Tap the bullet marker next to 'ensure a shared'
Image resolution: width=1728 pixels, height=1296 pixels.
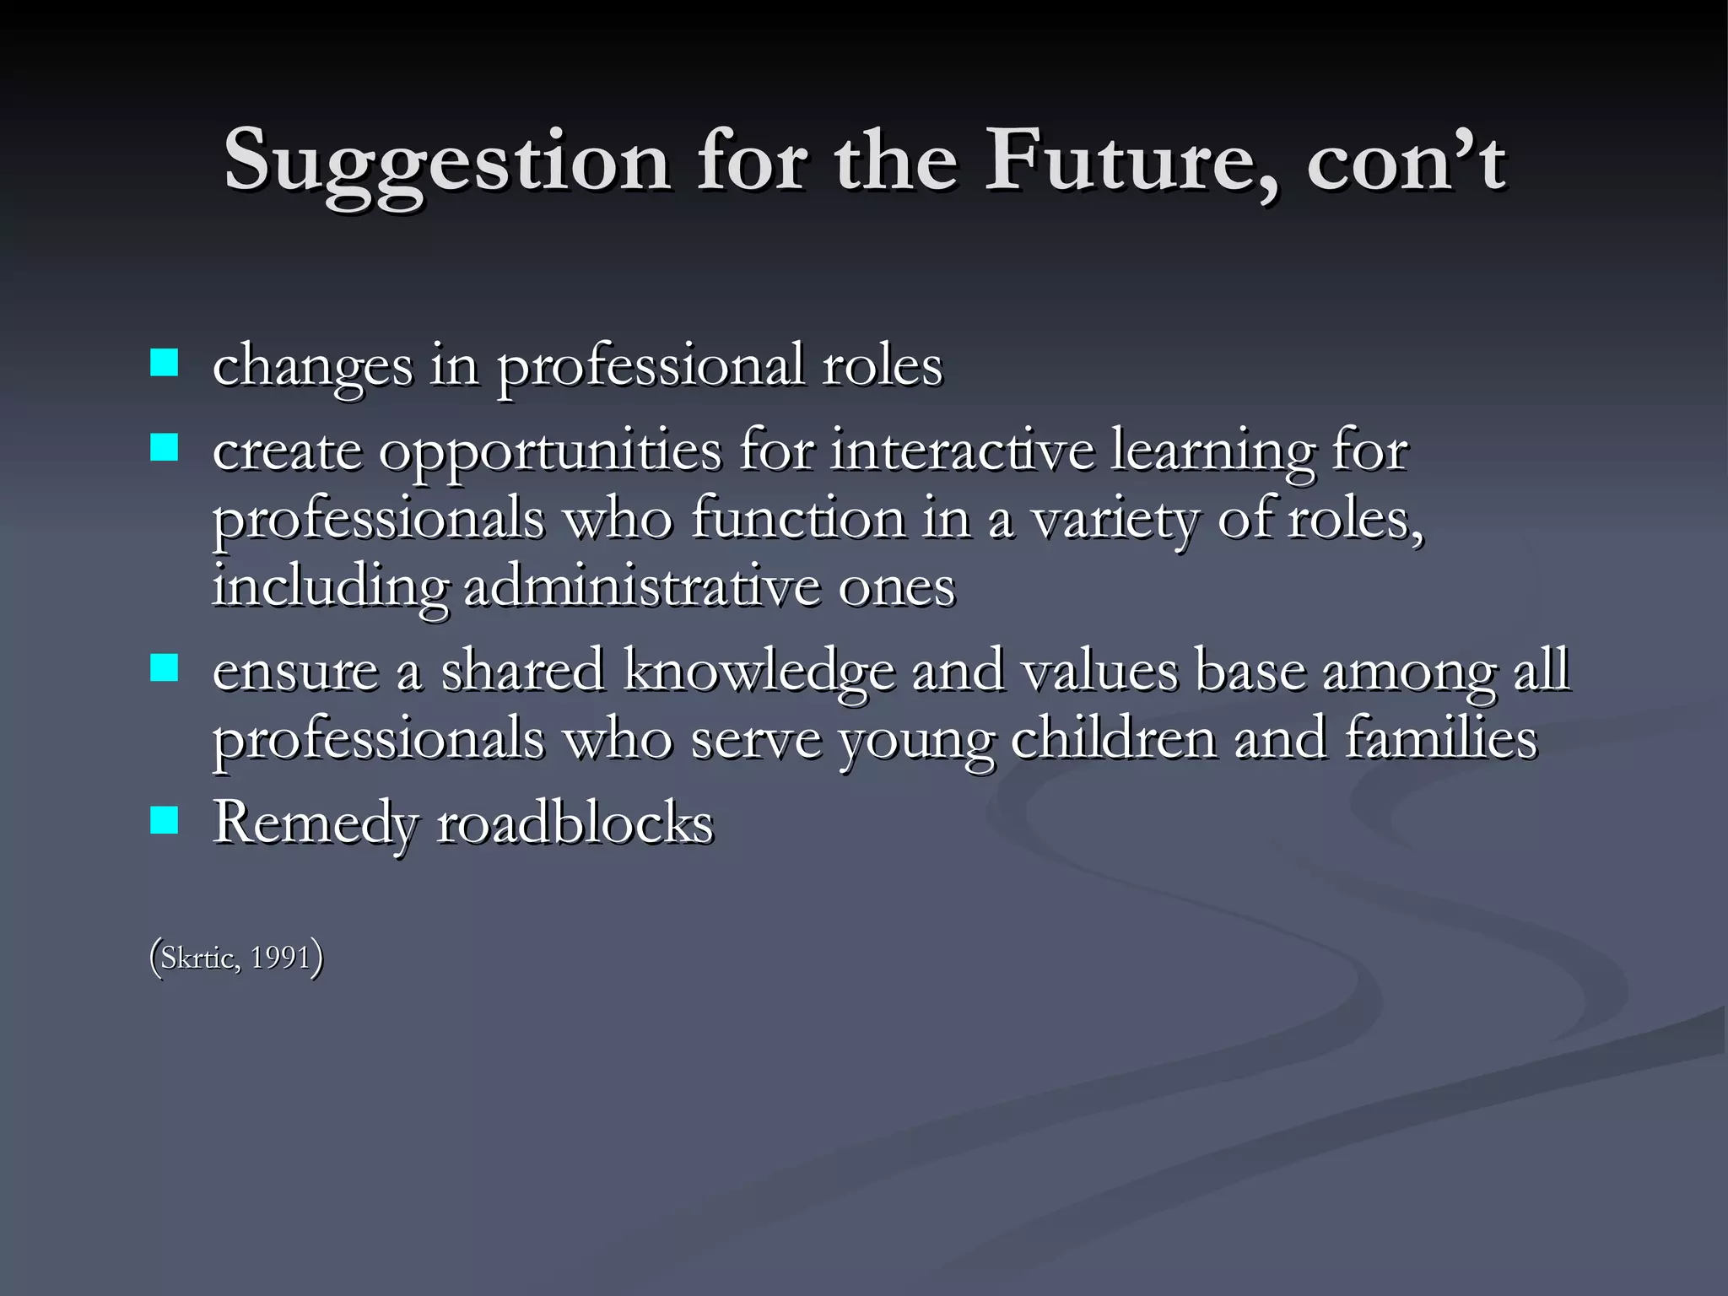click(165, 668)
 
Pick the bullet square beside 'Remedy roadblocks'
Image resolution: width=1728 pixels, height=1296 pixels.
click(165, 819)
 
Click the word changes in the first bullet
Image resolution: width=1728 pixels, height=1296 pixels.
click(312, 367)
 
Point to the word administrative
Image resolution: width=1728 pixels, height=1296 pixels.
click(642, 586)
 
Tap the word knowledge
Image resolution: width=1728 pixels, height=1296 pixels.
click(759, 671)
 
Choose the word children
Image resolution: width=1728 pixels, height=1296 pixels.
click(1114, 738)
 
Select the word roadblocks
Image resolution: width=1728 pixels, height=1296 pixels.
click(575, 823)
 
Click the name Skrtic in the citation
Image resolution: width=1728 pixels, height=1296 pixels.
click(199, 958)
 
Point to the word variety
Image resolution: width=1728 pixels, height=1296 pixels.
click(1115, 520)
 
